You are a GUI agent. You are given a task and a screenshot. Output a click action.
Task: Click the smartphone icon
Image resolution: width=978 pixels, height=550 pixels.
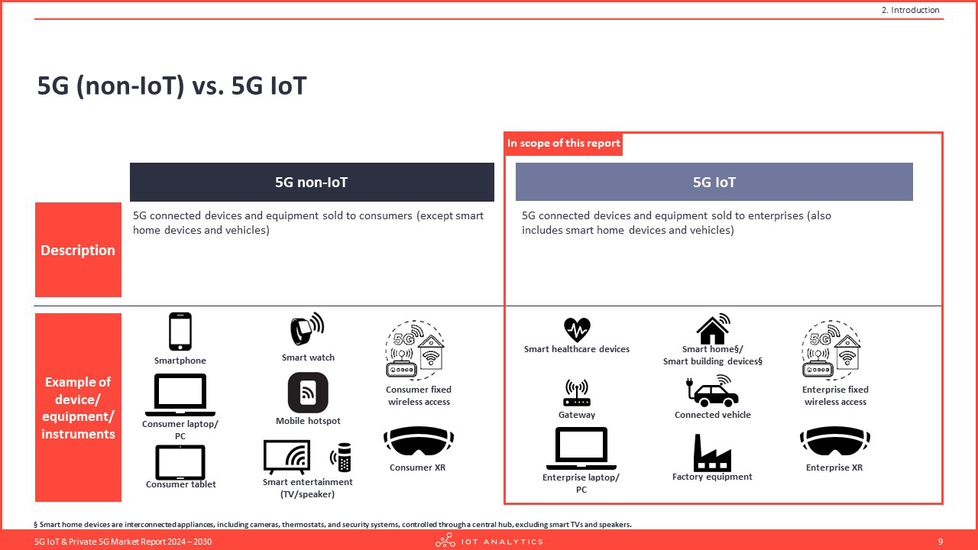pyautogui.click(x=180, y=332)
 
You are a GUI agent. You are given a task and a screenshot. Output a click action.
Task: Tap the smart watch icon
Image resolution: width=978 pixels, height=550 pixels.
pyautogui.click(x=307, y=329)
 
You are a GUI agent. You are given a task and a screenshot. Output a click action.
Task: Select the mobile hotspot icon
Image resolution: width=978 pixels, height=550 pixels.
pyautogui.click(x=308, y=393)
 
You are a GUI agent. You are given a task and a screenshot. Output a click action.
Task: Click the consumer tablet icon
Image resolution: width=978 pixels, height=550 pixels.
pyautogui.click(x=180, y=462)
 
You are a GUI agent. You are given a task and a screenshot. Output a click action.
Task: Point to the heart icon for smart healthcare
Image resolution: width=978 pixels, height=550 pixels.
pyautogui.click(x=577, y=329)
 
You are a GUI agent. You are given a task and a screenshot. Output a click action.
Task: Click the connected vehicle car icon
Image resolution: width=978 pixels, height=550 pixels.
pyautogui.click(x=713, y=390)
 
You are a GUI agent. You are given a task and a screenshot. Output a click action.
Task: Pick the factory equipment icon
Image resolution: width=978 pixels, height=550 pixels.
pyautogui.click(x=712, y=453)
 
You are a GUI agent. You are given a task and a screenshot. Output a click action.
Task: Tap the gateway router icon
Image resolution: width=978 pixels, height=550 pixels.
pyautogui.click(x=577, y=393)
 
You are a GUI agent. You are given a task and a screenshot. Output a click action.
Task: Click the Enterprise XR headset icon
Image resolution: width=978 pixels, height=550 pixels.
pyautogui.click(x=835, y=441)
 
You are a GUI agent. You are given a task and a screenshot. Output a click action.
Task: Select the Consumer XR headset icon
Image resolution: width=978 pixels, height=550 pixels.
pyautogui.click(x=418, y=441)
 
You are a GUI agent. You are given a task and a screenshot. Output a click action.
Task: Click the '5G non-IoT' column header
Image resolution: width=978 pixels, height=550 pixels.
pyautogui.click(x=312, y=182)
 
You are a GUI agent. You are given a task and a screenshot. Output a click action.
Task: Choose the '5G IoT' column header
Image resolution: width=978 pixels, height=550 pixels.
pyautogui.click(x=714, y=182)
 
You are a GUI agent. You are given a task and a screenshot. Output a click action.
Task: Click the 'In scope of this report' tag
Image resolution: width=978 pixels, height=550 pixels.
pyautogui.click(x=563, y=143)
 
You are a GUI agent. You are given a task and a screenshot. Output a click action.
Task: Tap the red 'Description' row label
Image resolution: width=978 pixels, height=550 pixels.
pyautogui.click(x=78, y=250)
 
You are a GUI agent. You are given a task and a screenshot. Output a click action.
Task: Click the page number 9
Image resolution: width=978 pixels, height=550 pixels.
pyautogui.click(x=941, y=542)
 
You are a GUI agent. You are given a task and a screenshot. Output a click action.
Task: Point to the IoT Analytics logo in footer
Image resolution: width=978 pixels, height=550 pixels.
pyautogui.click(x=489, y=541)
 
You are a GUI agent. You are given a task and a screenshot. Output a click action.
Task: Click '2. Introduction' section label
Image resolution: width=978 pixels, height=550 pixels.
pyautogui.click(x=910, y=10)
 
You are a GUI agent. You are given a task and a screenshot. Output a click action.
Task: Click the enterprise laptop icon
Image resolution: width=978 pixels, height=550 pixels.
pyautogui.click(x=581, y=448)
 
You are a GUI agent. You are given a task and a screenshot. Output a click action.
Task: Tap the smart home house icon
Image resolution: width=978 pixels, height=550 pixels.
pyautogui.click(x=713, y=329)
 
